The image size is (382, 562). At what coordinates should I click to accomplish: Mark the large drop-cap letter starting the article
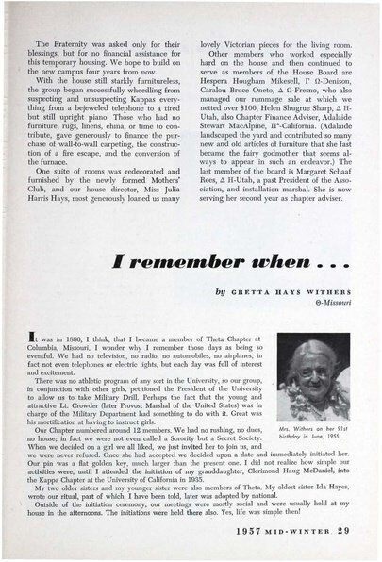pos(35,346)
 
